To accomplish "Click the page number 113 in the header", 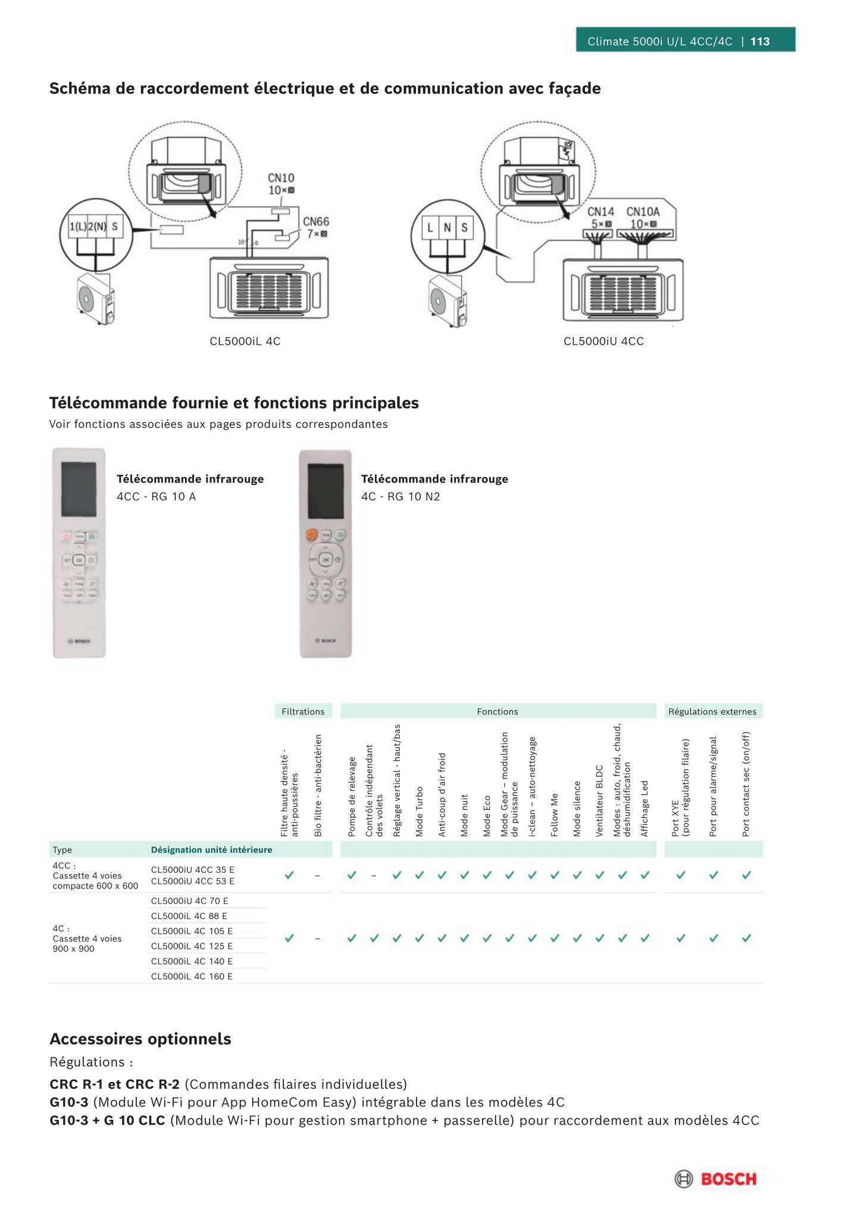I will click(x=760, y=41).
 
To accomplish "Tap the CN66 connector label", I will click(x=315, y=222).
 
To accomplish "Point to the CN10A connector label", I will click(x=643, y=212).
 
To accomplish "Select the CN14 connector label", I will click(x=601, y=212).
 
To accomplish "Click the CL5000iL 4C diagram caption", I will click(x=245, y=341).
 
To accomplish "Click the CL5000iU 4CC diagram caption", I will click(x=603, y=341).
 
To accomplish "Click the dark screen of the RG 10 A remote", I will click(x=79, y=489).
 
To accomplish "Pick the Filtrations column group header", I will click(x=303, y=711).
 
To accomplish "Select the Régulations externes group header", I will click(x=712, y=711).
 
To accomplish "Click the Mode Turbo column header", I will click(x=420, y=811).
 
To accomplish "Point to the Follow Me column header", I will click(x=555, y=815).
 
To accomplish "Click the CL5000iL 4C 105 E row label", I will click(x=192, y=931).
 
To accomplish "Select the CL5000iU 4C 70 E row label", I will click(x=189, y=901).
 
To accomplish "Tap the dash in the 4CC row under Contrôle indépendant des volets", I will click(x=374, y=875).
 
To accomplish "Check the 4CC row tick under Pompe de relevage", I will click(x=352, y=875).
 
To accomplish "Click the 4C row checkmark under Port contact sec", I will click(x=746, y=938).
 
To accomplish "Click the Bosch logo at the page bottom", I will click(x=715, y=1179).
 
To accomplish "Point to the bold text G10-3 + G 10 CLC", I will click(x=107, y=1120).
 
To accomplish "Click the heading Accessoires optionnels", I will click(x=140, y=1039).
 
